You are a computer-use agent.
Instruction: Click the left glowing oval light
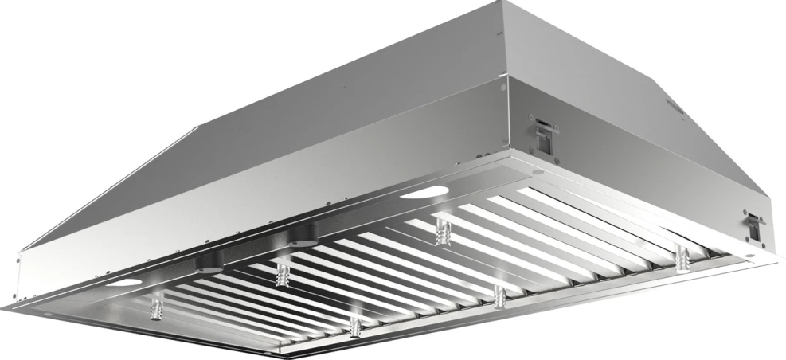tap(125, 283)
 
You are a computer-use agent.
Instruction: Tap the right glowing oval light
tap(424, 192)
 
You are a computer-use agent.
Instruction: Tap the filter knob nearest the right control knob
tap(282, 273)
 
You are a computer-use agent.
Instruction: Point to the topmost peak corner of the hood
tap(504, 4)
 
